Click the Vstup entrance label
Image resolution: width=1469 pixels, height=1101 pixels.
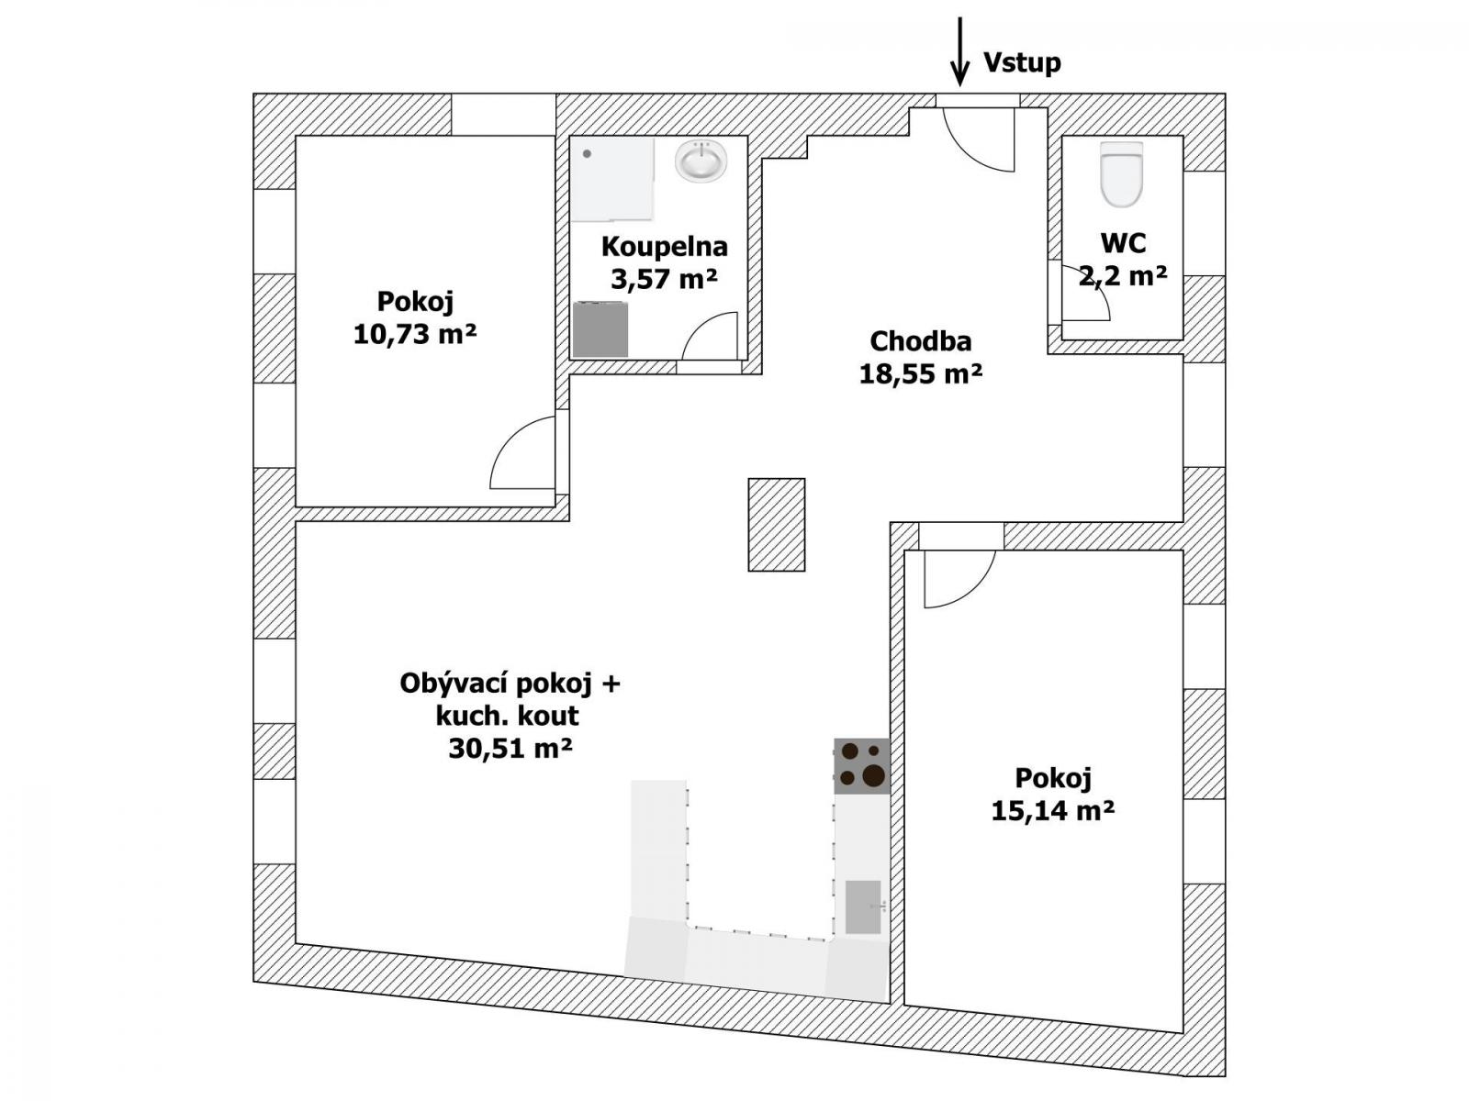(1022, 62)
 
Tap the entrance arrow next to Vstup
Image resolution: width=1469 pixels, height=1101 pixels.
(959, 51)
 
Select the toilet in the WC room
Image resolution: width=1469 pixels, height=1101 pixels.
(1121, 173)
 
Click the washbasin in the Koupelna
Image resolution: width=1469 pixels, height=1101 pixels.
(701, 161)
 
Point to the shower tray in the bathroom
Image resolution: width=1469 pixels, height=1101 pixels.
(612, 180)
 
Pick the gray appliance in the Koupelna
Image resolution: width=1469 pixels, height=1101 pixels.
(600, 328)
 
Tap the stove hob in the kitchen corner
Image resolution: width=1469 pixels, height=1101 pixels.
(861, 766)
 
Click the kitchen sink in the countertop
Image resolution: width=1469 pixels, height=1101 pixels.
(863, 907)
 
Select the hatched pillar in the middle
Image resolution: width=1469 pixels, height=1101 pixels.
(777, 525)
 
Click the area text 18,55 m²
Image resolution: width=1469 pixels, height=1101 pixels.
(920, 374)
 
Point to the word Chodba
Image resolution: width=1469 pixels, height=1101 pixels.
(920, 341)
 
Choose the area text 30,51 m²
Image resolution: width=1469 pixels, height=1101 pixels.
(510, 748)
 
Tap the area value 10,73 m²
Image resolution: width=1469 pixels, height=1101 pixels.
(415, 334)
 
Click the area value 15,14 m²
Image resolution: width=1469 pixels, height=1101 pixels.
(1053, 811)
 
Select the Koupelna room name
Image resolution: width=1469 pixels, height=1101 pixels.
(664, 248)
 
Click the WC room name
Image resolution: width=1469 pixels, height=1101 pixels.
(1123, 243)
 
